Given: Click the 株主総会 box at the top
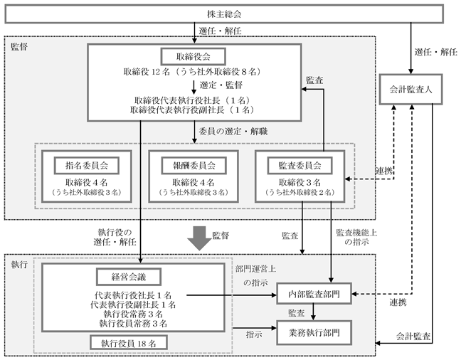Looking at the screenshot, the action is (224, 14).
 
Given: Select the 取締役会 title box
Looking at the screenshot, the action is (194, 56).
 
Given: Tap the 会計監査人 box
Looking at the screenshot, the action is (410, 89).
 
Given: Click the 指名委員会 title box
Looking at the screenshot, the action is (87, 165).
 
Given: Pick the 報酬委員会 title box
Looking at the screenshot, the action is (194, 165).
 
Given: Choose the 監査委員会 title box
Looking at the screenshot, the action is (300, 165).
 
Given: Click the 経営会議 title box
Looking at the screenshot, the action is (129, 277).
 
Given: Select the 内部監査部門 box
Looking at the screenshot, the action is (314, 294).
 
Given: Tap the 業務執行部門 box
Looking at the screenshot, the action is (314, 333).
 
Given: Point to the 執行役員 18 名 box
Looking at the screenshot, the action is (129, 343).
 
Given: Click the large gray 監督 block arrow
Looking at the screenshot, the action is (200, 238).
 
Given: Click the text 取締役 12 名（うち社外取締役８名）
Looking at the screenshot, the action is (193, 72).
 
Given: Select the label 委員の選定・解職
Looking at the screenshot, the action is (233, 131).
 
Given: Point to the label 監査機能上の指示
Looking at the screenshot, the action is (356, 238).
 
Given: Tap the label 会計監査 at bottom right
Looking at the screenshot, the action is (413, 337).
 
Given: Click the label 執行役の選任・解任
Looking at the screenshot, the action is (115, 238).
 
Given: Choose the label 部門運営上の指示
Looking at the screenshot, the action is (255, 275).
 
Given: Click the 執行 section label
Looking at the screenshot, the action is (19, 265).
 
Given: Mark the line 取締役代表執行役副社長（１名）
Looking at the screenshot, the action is (193, 110).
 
